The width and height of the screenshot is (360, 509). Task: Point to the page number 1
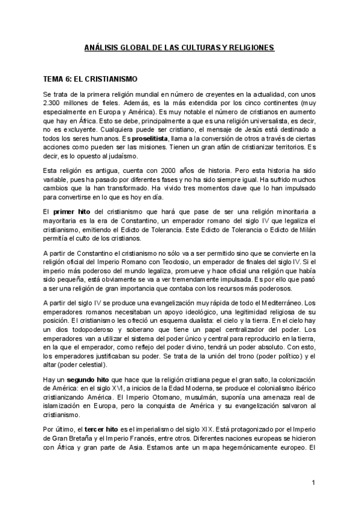point(314,483)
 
